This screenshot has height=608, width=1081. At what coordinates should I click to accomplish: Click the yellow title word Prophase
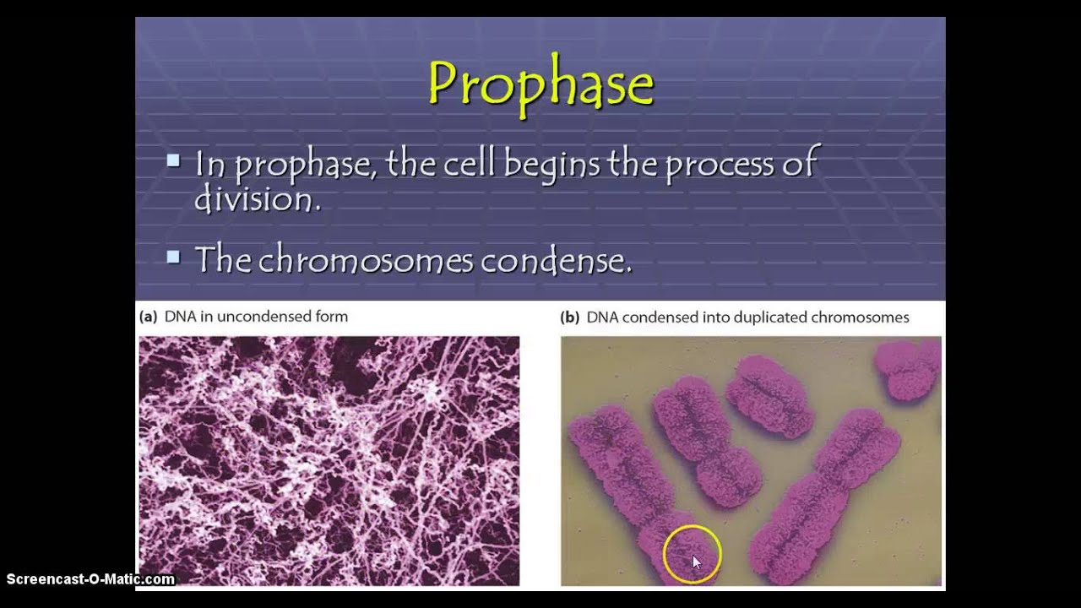540,85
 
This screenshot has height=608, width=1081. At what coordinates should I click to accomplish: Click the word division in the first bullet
257,199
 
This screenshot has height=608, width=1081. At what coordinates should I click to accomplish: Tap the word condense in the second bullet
555,260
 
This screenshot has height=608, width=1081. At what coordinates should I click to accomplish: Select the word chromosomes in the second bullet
366,260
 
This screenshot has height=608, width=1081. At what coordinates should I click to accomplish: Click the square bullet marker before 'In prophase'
174,160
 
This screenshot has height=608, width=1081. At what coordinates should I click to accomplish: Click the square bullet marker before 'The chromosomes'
174,257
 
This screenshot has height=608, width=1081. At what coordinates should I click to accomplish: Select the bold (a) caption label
149,317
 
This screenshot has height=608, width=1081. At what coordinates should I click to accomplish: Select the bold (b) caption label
570,318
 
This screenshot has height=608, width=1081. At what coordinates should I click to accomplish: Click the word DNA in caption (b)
601,318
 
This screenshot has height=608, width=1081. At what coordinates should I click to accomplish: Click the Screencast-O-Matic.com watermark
90,579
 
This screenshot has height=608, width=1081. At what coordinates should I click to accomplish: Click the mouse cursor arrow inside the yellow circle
696,562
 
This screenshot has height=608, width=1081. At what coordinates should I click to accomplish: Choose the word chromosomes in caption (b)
860,318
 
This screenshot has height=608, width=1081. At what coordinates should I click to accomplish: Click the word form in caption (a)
332,317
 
